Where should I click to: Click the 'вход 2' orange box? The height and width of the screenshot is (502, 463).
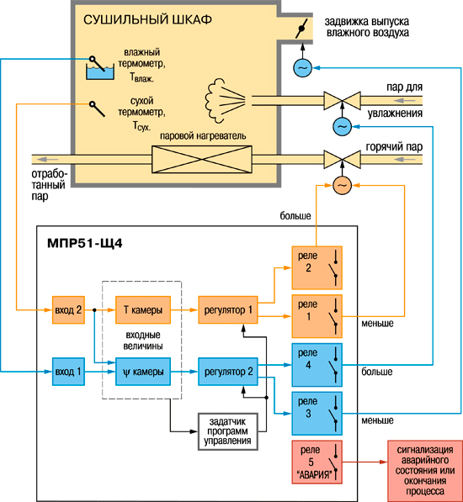point(68,309)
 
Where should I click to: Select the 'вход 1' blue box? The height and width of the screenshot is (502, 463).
point(68,372)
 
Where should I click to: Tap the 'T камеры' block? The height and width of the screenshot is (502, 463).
point(143,309)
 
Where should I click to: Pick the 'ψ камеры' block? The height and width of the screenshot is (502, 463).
point(143,372)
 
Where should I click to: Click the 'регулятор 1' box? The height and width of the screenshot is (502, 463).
point(228,309)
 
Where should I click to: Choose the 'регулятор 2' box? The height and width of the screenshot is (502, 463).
point(228,372)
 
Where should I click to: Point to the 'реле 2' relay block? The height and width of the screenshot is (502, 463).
point(317,267)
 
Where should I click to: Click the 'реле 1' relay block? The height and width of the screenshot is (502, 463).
point(317,316)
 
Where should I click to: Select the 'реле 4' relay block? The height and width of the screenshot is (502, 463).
point(317,365)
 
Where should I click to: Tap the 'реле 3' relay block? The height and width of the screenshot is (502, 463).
point(317,414)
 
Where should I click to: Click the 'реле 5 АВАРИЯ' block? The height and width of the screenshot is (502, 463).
point(317,462)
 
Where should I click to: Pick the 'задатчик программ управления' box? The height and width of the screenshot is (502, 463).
point(228,431)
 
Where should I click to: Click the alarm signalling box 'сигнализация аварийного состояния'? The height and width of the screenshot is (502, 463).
point(425,471)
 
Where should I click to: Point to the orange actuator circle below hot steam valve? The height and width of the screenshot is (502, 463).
point(343,185)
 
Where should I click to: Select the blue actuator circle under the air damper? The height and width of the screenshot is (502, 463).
point(302,68)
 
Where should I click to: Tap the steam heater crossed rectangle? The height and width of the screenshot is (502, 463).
point(202,160)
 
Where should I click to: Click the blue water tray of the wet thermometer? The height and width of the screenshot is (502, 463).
point(100,72)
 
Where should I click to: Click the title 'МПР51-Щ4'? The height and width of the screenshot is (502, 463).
point(84,243)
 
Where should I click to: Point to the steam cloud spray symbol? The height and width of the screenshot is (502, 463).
point(225,100)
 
